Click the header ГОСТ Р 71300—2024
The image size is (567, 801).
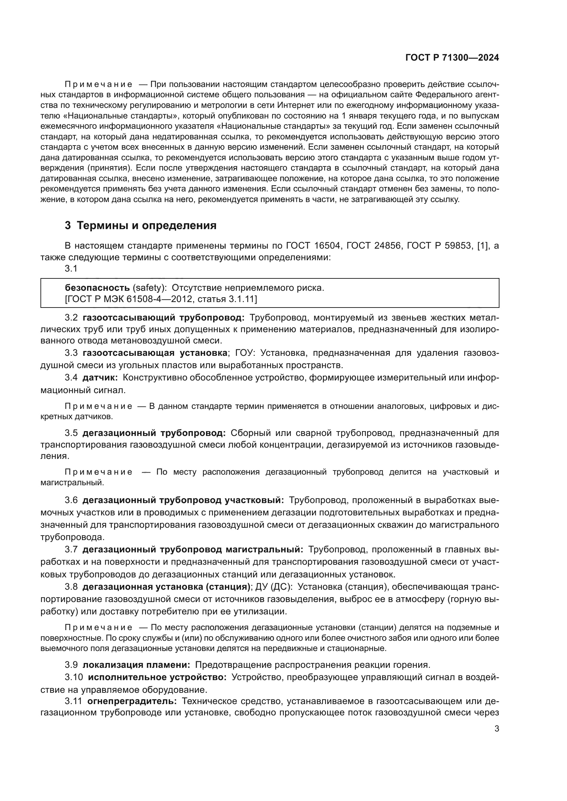[452, 58]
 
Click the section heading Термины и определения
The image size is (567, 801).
[146, 226]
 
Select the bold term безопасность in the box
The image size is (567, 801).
[97, 288]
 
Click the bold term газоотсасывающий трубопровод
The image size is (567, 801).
[164, 318]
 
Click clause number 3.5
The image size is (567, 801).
[71, 433]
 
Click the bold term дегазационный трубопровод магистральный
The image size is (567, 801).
[193, 549]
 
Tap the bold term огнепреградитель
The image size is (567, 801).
[132, 701]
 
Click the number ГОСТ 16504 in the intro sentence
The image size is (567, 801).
[313, 246]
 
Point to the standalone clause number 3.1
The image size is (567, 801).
[71, 268]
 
